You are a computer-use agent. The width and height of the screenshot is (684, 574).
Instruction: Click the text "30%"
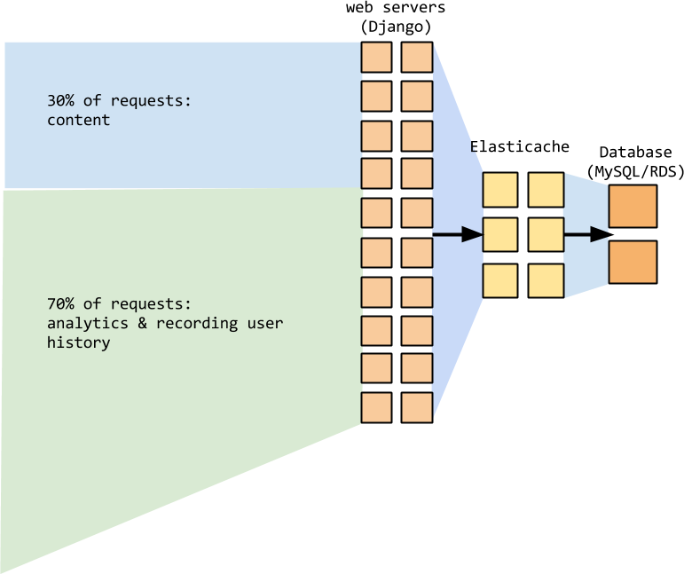pos(61,101)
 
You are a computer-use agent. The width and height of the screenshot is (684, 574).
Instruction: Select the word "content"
pos(78,120)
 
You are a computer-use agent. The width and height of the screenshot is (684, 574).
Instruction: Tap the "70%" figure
pos(61,303)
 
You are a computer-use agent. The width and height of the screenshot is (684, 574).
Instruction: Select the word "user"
pos(265,323)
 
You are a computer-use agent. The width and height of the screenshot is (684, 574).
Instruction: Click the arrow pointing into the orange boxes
pos(586,235)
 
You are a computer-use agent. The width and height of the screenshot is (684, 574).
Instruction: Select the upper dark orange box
pos(633,206)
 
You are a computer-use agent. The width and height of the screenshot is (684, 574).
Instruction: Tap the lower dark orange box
pos(633,263)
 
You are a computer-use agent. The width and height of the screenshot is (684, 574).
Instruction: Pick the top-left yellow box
pos(499,189)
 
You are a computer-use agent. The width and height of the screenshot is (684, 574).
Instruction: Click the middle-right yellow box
pos(546,235)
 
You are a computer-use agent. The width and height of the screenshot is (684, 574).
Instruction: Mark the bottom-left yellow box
pos(499,280)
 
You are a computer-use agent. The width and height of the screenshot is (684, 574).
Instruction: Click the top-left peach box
pos(376,58)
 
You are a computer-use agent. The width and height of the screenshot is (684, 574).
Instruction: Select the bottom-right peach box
pos(416,407)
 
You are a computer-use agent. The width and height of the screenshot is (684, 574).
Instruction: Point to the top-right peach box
pos(416,58)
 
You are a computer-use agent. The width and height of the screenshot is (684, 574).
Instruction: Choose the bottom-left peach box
pos(376,407)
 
